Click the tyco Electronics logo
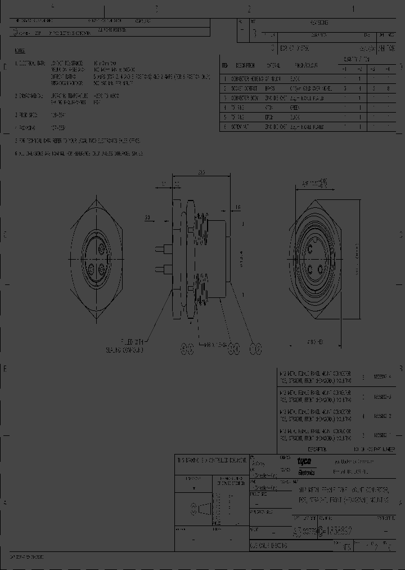pyautogui.click(x=307, y=465)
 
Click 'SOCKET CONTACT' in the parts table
pyautogui.click(x=244, y=88)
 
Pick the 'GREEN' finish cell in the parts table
pyautogui.click(x=295, y=107)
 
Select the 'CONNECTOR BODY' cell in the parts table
pyautogui.click(x=245, y=98)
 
